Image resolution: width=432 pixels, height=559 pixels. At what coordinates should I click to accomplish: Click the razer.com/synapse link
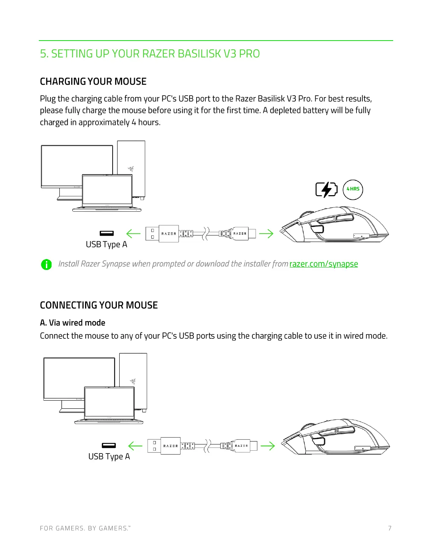tap(323, 264)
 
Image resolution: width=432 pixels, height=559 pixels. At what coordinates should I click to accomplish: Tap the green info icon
tap(46, 264)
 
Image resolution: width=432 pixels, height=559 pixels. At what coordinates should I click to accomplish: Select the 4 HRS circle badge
tap(353, 189)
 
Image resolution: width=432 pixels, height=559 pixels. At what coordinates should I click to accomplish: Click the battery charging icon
tap(326, 190)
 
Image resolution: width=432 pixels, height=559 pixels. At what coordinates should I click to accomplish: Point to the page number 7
tap(390, 528)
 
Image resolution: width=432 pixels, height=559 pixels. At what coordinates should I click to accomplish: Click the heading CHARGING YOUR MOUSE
tap(93, 82)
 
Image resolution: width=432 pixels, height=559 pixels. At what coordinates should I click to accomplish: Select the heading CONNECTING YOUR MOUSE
tap(99, 305)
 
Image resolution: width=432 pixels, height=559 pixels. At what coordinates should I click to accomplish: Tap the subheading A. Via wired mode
tap(72, 323)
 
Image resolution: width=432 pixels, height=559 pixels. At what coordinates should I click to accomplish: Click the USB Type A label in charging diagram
tap(106, 245)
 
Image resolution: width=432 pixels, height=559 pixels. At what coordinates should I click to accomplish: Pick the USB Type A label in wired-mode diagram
tap(109, 457)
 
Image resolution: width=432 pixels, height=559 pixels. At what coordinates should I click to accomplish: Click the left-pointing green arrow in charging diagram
tap(133, 233)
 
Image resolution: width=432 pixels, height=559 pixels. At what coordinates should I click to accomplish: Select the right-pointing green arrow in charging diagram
tap(266, 233)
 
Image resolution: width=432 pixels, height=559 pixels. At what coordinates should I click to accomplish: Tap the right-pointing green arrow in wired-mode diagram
tap(268, 446)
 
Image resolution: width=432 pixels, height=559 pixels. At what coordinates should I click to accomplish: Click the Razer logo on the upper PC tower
tap(131, 169)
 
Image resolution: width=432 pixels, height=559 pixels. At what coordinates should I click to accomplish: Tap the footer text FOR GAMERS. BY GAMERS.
tap(85, 528)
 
